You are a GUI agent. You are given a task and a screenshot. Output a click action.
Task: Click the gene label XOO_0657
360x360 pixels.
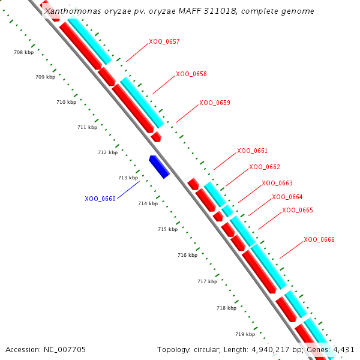tap(164, 42)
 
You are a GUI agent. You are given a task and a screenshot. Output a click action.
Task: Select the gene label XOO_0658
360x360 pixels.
tap(191, 74)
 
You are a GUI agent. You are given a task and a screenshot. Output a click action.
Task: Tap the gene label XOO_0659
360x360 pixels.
tap(215, 103)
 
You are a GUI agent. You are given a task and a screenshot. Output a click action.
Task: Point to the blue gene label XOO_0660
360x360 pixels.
tap(100, 199)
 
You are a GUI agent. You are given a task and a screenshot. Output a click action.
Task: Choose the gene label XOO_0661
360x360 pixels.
tap(253, 151)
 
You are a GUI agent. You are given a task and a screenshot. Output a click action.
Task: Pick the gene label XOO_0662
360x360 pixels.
tap(265, 167)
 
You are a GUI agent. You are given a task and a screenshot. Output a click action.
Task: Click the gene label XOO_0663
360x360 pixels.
tap(277, 183)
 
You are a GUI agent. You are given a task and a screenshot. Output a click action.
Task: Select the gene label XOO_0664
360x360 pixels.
tap(287, 197)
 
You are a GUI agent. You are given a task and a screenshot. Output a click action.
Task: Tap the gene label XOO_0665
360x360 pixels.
tap(298, 210)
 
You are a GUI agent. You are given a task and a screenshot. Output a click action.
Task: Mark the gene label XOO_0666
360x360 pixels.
tap(319, 239)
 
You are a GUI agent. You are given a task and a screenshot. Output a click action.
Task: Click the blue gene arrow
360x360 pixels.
tap(160, 166)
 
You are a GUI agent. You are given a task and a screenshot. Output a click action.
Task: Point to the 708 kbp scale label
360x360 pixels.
tap(23, 53)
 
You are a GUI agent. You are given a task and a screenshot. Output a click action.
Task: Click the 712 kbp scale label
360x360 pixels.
tap(107, 152)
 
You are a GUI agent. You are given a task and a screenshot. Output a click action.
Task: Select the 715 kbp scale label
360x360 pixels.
tap(167, 229)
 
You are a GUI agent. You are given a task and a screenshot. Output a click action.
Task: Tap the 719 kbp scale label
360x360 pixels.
tap(245, 334)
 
